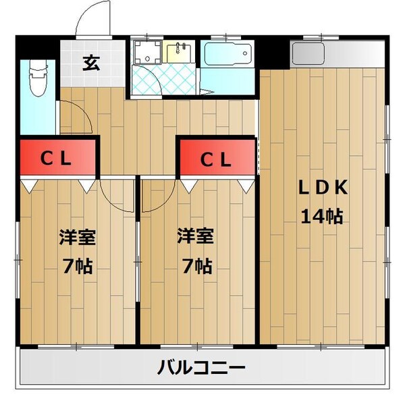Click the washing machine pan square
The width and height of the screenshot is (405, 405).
pos(146,53)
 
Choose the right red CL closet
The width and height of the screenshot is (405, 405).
pos(217,160)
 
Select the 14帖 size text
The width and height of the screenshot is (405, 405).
pos(323,217)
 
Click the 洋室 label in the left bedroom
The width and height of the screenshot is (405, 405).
pos(76,238)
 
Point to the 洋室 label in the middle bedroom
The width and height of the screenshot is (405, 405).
pos(196,238)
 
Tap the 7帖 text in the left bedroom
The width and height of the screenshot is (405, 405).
pos(76,265)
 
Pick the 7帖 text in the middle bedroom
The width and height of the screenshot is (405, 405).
pos(196,265)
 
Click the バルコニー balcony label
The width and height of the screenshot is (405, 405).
pos(201,368)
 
